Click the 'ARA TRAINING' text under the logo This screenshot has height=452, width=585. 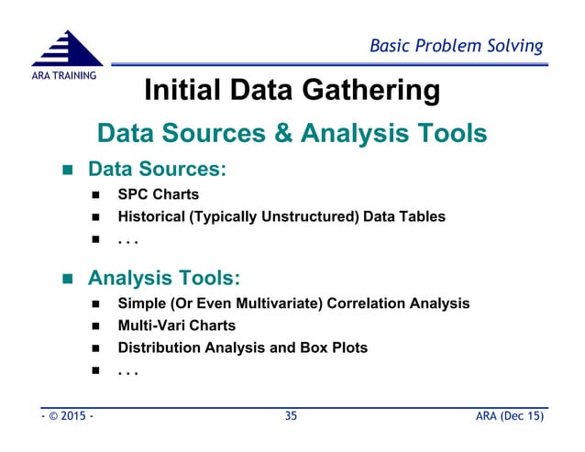click(x=61, y=74)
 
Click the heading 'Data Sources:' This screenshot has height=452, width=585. click(x=157, y=171)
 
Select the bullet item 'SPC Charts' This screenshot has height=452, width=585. click(x=158, y=194)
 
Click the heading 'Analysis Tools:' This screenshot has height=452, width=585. click(x=164, y=276)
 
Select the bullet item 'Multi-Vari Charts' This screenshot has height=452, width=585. click(x=176, y=325)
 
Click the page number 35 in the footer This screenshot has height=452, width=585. click(x=292, y=417)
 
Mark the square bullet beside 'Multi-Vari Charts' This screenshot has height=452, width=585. click(x=95, y=325)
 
